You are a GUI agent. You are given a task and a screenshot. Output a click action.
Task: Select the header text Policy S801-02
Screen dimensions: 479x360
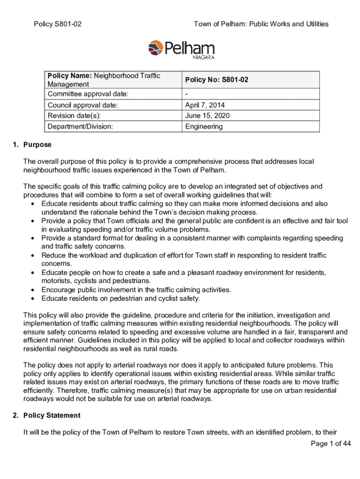click(x=58, y=24)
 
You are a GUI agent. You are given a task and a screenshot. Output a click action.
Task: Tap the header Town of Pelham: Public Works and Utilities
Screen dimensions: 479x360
click(x=261, y=24)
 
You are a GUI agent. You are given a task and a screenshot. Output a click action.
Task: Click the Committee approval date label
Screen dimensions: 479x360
click(x=88, y=94)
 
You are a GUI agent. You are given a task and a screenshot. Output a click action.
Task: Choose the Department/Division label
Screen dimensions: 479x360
click(x=80, y=126)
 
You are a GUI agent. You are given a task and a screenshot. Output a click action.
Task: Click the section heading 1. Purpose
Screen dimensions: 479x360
click(x=32, y=145)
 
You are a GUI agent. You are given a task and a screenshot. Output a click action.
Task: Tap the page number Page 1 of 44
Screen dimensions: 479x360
click(x=331, y=444)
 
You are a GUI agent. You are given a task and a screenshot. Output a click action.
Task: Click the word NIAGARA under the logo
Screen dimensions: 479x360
click(x=203, y=58)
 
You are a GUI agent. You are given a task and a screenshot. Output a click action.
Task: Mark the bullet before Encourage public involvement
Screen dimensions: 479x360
click(x=32, y=290)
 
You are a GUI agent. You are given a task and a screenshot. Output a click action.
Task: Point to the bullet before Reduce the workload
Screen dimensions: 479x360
click(x=32, y=255)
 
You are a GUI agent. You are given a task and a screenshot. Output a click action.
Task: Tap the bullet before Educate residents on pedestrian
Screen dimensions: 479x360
click(x=32, y=298)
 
